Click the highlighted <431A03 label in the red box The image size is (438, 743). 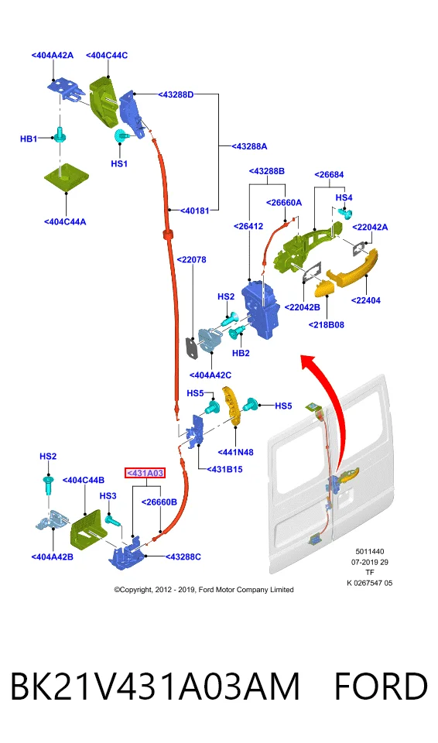pyautogui.click(x=145, y=473)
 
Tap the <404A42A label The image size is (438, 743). pyautogui.click(x=53, y=56)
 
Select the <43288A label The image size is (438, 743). pyautogui.click(x=249, y=146)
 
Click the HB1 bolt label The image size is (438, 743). pyautogui.click(x=29, y=139)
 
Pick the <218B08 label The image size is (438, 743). pyautogui.click(x=326, y=324)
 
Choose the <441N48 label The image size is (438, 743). pyautogui.click(x=235, y=452)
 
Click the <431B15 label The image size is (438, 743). pyautogui.click(x=224, y=469)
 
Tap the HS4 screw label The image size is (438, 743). pyautogui.click(x=344, y=197)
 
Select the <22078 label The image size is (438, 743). pyautogui.click(x=191, y=260)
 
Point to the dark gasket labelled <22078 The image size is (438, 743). pyautogui.click(x=192, y=349)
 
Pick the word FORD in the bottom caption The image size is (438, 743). pyautogui.click(x=381, y=687)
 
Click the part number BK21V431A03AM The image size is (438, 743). pyautogui.click(x=155, y=687)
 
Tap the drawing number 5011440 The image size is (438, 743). pyautogui.click(x=370, y=552)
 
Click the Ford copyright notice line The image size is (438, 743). pyautogui.click(x=204, y=590)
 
